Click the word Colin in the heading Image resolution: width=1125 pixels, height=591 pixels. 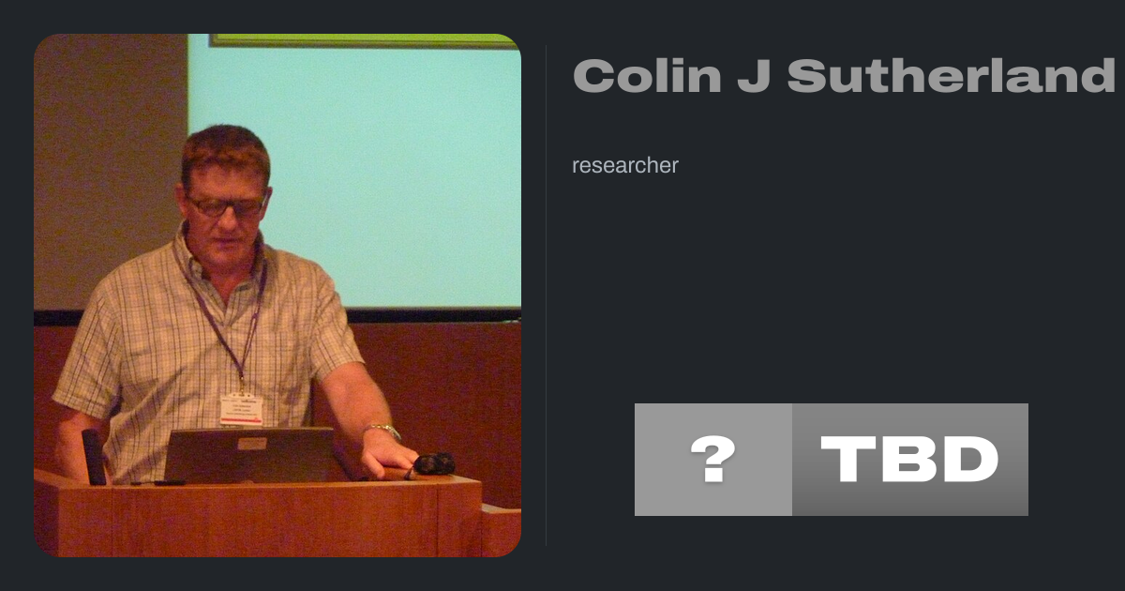(x=648, y=75)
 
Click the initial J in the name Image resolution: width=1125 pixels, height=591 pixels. (x=755, y=76)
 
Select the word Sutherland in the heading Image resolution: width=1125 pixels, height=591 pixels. (x=952, y=75)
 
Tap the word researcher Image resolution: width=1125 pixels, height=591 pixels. (x=625, y=165)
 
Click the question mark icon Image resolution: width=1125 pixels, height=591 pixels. (x=712, y=459)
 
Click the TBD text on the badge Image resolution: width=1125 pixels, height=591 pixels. (x=909, y=459)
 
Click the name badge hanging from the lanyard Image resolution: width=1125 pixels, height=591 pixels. (x=242, y=410)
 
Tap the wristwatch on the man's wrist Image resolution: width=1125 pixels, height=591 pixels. (x=383, y=431)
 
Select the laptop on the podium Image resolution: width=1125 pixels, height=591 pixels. (x=251, y=455)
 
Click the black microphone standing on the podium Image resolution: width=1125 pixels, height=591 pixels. (x=95, y=457)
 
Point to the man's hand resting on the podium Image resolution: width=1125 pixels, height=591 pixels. (x=388, y=459)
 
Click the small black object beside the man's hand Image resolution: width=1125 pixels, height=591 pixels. (x=434, y=463)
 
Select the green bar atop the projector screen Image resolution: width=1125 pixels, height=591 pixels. (x=364, y=40)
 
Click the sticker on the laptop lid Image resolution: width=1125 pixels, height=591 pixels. (x=252, y=444)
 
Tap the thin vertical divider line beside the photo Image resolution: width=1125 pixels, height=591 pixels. (x=547, y=295)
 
